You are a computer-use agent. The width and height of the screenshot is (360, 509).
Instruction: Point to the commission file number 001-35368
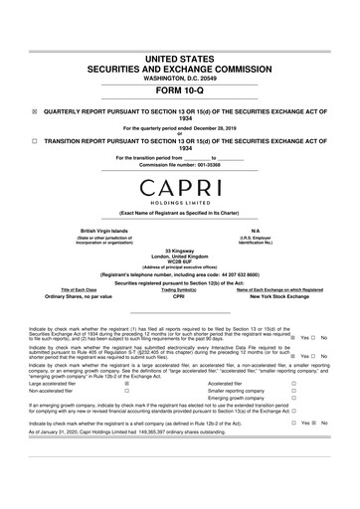[x=209, y=164]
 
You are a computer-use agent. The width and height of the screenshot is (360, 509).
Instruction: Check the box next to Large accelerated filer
[x=125, y=383]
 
